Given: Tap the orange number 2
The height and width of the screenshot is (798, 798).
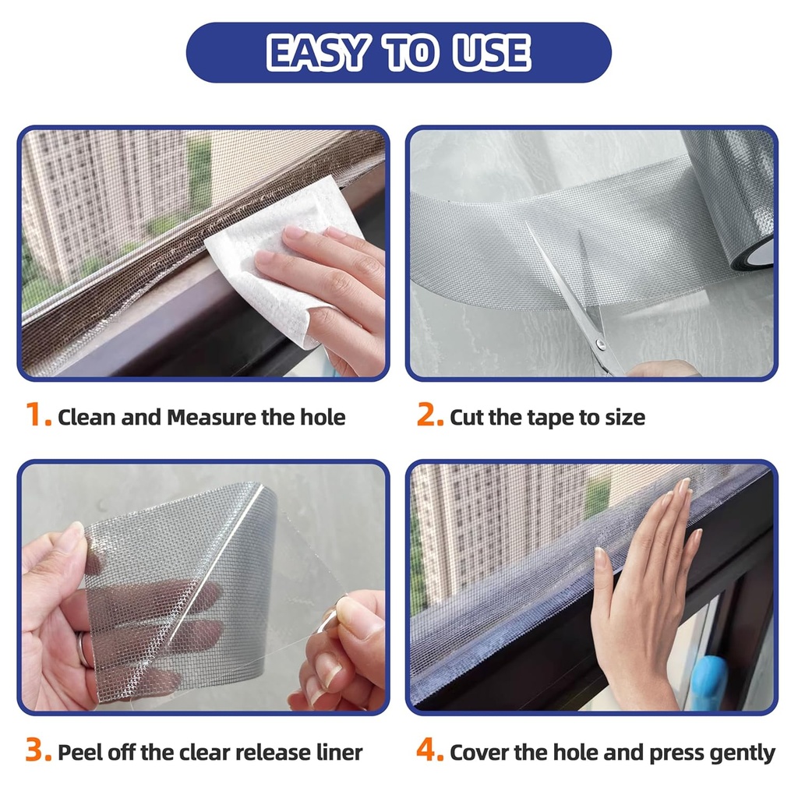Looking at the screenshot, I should point(429,416).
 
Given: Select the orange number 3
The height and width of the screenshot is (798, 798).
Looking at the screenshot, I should point(38,751).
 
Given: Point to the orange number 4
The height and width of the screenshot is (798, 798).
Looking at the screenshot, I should point(429,751).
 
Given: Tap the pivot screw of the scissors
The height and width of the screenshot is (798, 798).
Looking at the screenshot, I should point(598,342).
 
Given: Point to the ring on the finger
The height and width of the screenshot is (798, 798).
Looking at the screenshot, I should point(83,650).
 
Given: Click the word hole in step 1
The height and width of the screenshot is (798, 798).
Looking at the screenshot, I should point(323,418).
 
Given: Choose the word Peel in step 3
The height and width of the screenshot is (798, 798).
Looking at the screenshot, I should point(77,753).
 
